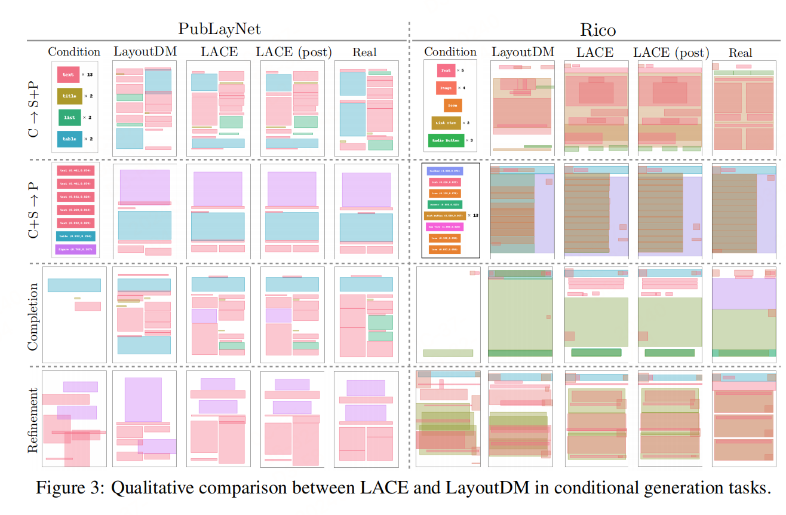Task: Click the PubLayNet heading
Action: tap(219, 28)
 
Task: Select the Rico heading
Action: tap(597, 29)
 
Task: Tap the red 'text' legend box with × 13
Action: tap(68, 75)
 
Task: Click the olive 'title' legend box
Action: tap(69, 96)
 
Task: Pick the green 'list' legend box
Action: tap(69, 117)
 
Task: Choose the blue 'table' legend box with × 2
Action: tap(69, 139)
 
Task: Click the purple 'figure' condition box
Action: tap(75, 249)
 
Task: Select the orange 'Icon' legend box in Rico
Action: tap(453, 106)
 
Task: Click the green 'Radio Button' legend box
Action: tap(446, 141)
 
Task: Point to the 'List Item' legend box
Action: tap(446, 123)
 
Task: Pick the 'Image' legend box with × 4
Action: tap(446, 88)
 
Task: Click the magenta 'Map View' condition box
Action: tap(444, 226)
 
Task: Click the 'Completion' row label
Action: tap(33, 316)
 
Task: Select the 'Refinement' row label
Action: tap(33, 420)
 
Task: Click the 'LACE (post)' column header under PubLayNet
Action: tap(293, 52)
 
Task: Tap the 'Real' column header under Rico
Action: tap(740, 53)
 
